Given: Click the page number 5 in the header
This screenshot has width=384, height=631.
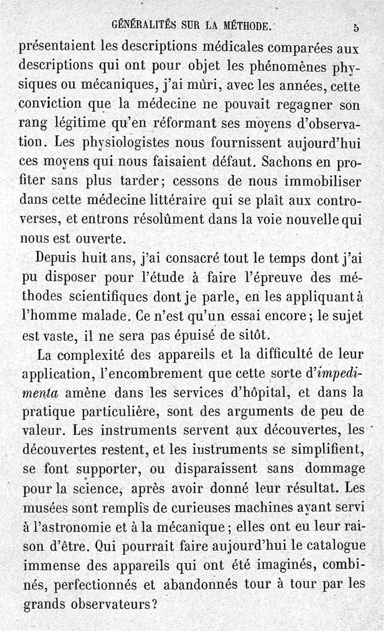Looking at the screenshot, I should (x=355, y=27).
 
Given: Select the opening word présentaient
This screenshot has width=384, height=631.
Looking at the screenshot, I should (x=58, y=48).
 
